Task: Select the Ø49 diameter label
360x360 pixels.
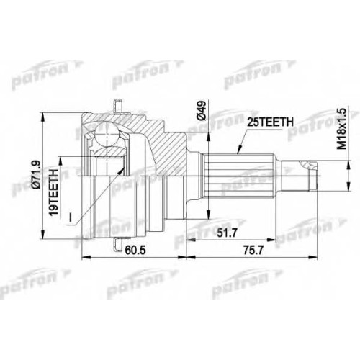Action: point(201,110)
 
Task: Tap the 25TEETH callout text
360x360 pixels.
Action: point(270,122)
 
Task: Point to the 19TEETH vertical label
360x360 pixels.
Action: point(53,189)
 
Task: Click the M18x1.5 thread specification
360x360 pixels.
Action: point(341,129)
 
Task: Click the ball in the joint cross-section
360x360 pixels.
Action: point(107,135)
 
